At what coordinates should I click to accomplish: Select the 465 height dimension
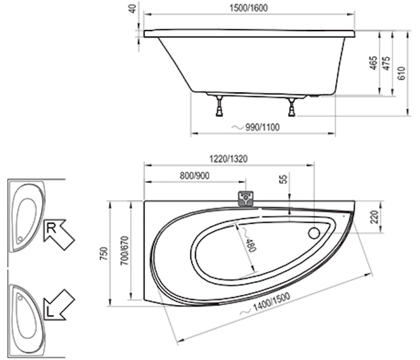coord(373,63)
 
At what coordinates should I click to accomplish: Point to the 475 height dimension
coord(387,63)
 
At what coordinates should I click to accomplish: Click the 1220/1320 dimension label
coord(228,159)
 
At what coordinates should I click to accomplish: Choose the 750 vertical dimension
coord(103,254)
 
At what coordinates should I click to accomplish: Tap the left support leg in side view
coord(220,106)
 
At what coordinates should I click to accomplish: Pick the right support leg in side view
coord(292,107)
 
